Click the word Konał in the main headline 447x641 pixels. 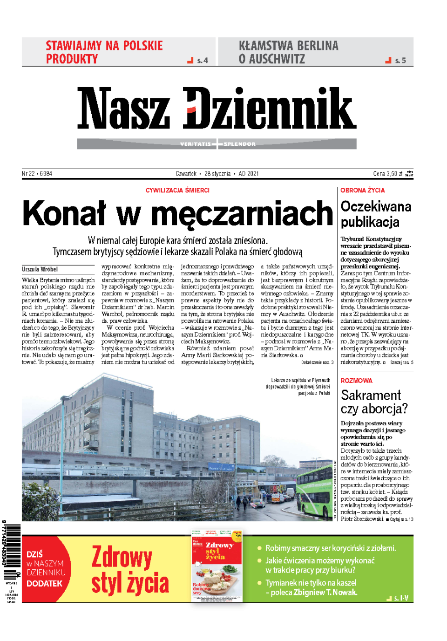click(64, 213)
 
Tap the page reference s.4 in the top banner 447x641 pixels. click(202, 61)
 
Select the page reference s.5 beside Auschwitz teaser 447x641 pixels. click(400, 61)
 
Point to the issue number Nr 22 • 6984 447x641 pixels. click(37, 174)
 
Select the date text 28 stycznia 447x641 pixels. click(217, 174)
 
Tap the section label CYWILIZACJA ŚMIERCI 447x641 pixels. click(177, 190)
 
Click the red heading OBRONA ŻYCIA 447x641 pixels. click(362, 190)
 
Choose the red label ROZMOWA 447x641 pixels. click(356, 381)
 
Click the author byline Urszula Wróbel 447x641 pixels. click(40, 269)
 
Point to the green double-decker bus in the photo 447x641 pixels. click(315, 491)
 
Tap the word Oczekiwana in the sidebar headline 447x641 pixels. click(376, 206)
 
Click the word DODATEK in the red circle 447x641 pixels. click(44, 583)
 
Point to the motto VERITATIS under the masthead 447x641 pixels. click(196, 144)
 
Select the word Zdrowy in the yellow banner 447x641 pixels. click(122, 557)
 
